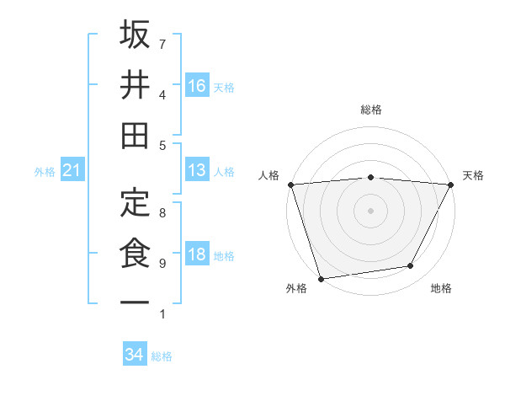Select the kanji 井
[x=136, y=85]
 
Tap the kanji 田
[x=136, y=135]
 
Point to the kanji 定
[x=136, y=203]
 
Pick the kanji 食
[x=136, y=254]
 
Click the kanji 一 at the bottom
[x=136, y=302]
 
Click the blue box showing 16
[x=197, y=85]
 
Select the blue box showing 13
[x=197, y=170]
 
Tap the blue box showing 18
[x=197, y=254]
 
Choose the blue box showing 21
[x=72, y=171]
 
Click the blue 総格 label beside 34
[x=162, y=356]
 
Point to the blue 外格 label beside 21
[x=45, y=172]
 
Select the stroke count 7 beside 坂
[x=162, y=44]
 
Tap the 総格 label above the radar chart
[x=370, y=110]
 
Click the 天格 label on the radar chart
[x=473, y=175]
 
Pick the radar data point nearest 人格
[x=290, y=184]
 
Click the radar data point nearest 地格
[x=411, y=266]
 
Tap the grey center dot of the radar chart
[x=370, y=210]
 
